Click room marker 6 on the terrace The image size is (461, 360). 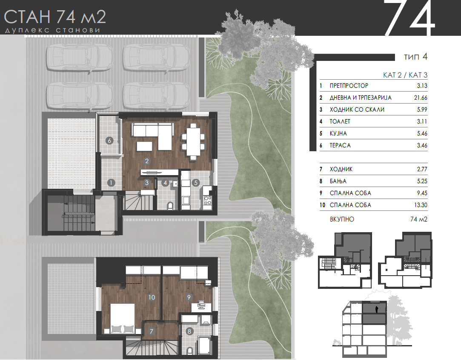tap(109, 141)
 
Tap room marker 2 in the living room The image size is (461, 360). tap(147, 161)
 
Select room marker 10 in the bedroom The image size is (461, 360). tap(152, 297)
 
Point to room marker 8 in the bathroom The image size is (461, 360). tap(189, 331)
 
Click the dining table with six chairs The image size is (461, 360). tap(193, 141)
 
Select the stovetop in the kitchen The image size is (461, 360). tap(207, 200)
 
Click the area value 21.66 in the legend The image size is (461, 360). tap(421, 98)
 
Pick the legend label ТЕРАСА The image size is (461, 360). tap(340, 145)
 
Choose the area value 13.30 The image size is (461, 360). tap(421, 205)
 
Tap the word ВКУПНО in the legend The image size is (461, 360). tap(342, 219)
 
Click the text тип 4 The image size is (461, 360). tap(416, 57)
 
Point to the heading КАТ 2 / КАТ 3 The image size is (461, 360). tap(405, 75)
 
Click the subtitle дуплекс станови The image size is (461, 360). tap(53, 30)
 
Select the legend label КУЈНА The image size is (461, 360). tap(338, 134)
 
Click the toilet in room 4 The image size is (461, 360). tap(170, 205)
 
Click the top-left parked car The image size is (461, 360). tap(80, 58)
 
